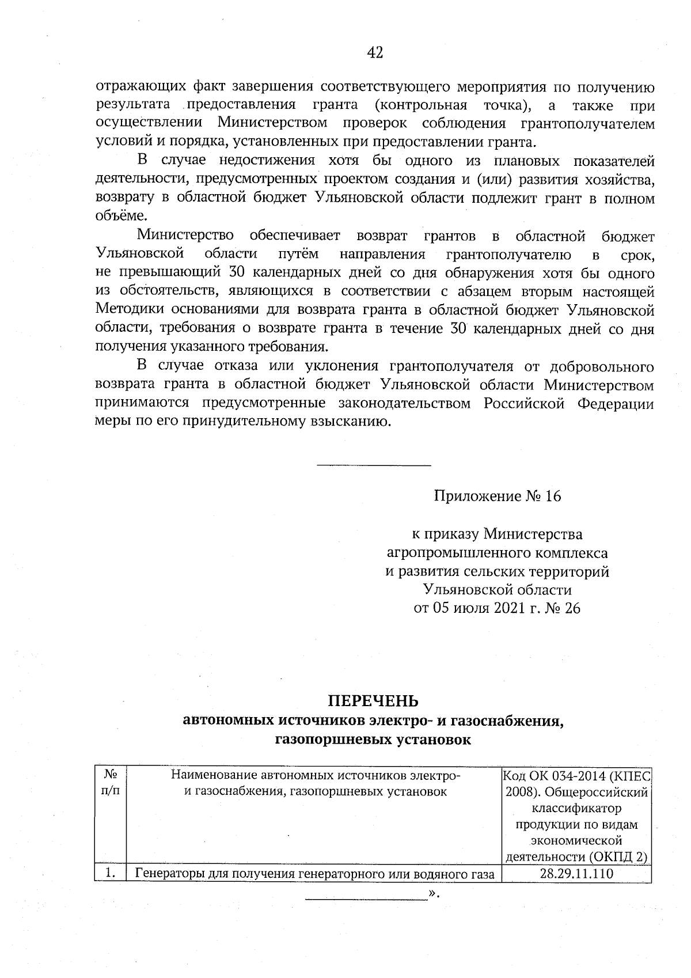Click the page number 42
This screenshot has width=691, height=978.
click(x=374, y=53)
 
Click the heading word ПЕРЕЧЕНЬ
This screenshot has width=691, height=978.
click(x=373, y=701)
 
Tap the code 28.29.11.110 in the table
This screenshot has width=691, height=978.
click(x=576, y=874)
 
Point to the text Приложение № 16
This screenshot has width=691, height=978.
click(x=497, y=496)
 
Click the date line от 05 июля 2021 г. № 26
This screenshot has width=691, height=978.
click(x=497, y=608)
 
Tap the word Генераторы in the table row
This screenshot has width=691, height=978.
click(x=168, y=874)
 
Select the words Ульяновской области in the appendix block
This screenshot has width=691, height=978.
click(x=497, y=590)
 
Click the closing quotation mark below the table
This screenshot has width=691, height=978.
click(x=434, y=894)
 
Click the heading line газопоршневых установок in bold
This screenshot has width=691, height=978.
click(x=373, y=740)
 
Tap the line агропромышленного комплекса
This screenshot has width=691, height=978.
click(x=497, y=553)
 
